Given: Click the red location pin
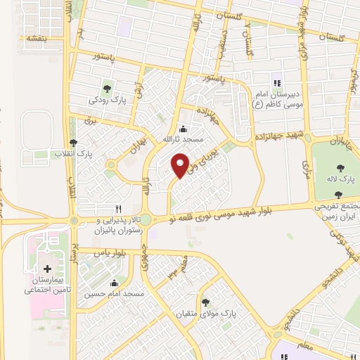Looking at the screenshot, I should coord(180,165).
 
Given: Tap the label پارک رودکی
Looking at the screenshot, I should coord(107,100).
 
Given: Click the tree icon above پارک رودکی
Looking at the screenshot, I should coord(107,89).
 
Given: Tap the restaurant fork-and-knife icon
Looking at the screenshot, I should coord(119,209).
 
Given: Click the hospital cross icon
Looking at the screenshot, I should coord(47,269).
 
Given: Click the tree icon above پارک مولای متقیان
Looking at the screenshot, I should coord(205,302).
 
